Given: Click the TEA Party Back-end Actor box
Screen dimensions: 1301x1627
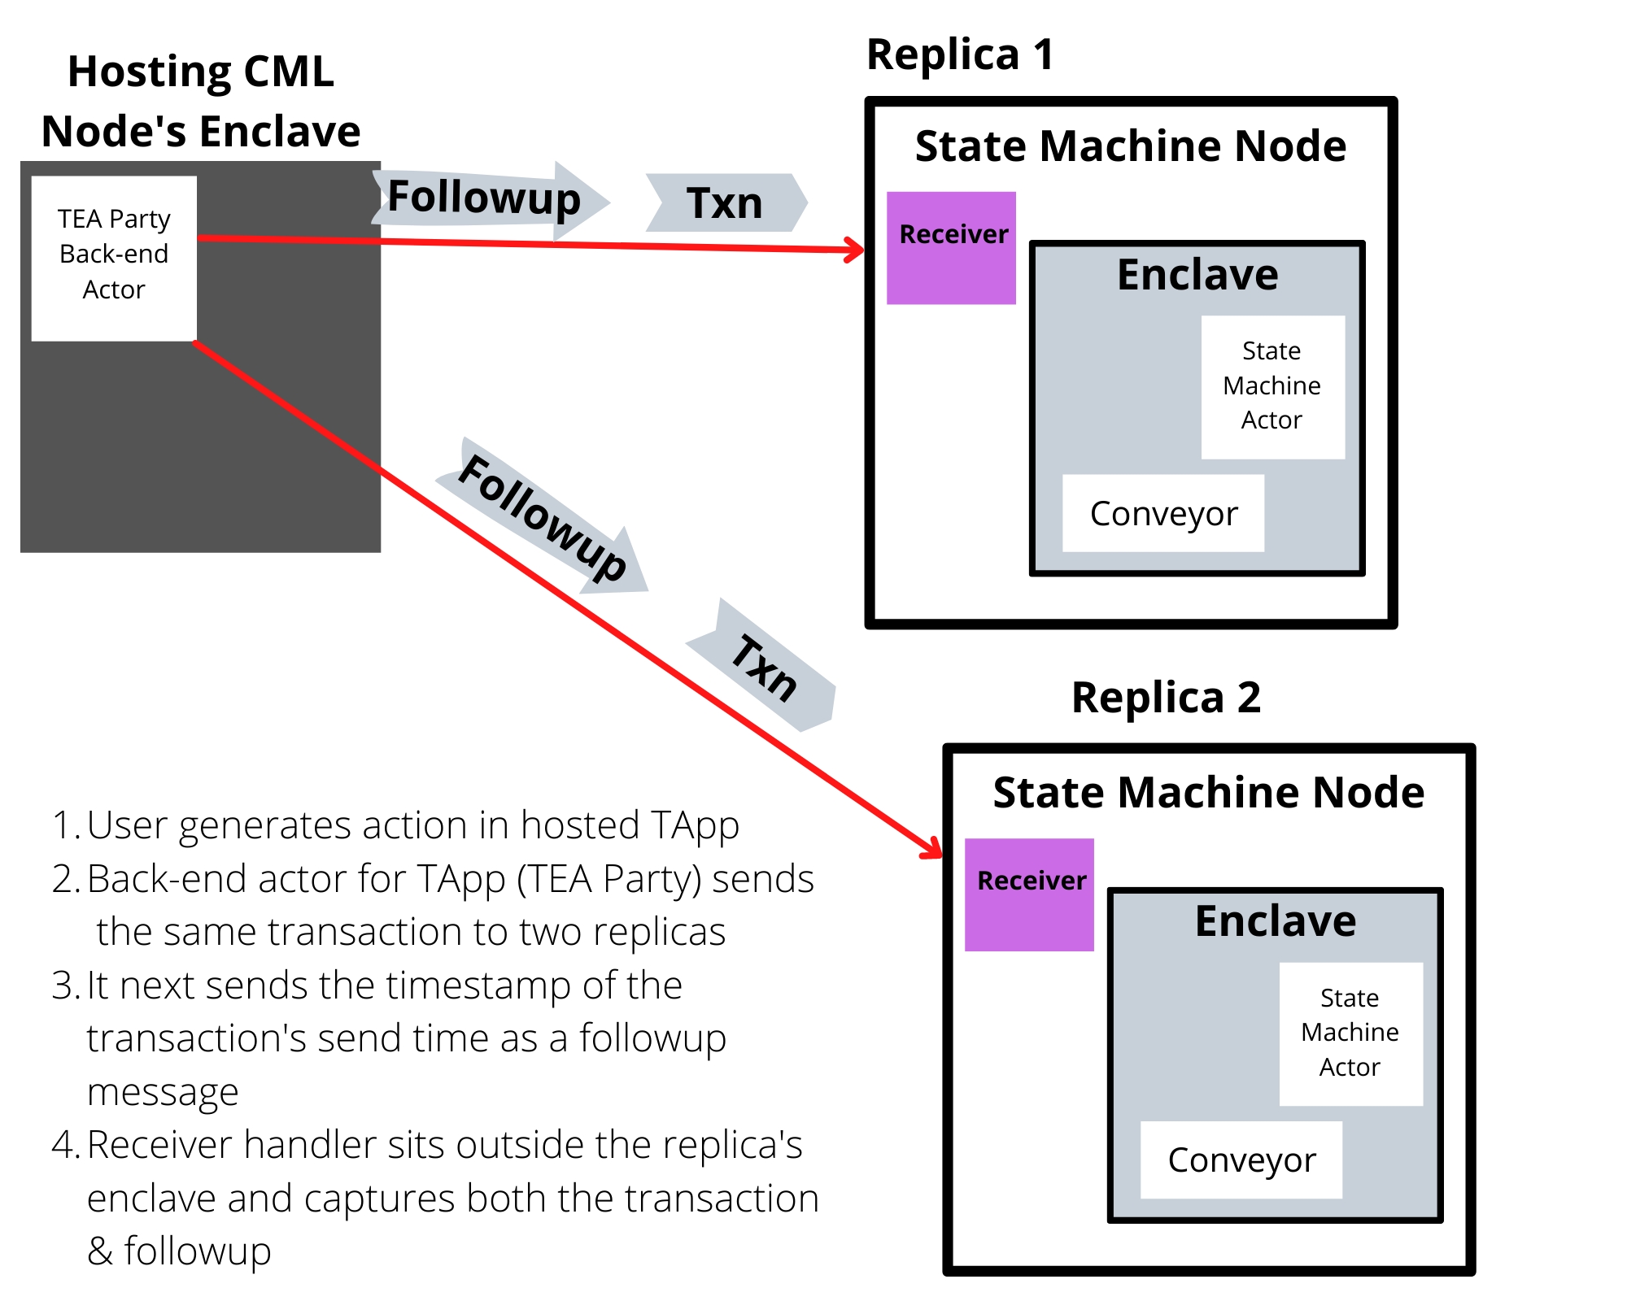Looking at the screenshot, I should pyautogui.click(x=114, y=258).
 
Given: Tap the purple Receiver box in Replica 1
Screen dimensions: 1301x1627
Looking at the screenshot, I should pyautogui.click(x=951, y=248).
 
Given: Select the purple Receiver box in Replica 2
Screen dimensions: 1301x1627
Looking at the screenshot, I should pyautogui.click(x=1029, y=894).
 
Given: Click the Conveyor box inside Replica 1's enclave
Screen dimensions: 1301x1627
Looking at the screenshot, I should pyautogui.click(x=1163, y=513).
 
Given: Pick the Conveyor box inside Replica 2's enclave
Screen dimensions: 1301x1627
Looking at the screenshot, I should pyautogui.click(x=1241, y=1160).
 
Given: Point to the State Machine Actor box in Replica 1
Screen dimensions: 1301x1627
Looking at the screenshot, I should pyautogui.click(x=1272, y=386).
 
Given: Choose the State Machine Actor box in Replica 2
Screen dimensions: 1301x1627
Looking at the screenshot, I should pyautogui.click(x=1350, y=1033).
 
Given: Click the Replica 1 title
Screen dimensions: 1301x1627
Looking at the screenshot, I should pyautogui.click(x=960, y=55).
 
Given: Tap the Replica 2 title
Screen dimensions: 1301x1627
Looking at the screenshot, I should pyautogui.click(x=1166, y=698).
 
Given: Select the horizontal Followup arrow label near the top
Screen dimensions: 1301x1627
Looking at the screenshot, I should pyautogui.click(x=485, y=198).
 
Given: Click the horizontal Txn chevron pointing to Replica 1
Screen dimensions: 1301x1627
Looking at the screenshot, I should pyautogui.click(x=725, y=202).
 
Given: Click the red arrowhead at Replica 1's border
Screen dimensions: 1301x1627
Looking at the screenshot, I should pyautogui.click(x=857, y=250).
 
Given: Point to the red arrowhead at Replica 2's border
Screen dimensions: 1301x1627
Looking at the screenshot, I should pyautogui.click(x=935, y=851).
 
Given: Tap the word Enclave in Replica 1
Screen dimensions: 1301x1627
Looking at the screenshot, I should pyautogui.click(x=1197, y=274).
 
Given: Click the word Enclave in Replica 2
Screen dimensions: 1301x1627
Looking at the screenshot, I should pyautogui.click(x=1276, y=920).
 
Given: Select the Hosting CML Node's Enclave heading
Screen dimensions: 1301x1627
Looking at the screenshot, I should pyautogui.click(x=201, y=102).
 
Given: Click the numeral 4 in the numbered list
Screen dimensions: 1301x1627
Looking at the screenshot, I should pyautogui.click(x=63, y=1145).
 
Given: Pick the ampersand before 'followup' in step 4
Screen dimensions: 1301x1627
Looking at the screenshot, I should pyautogui.click(x=100, y=1251).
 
